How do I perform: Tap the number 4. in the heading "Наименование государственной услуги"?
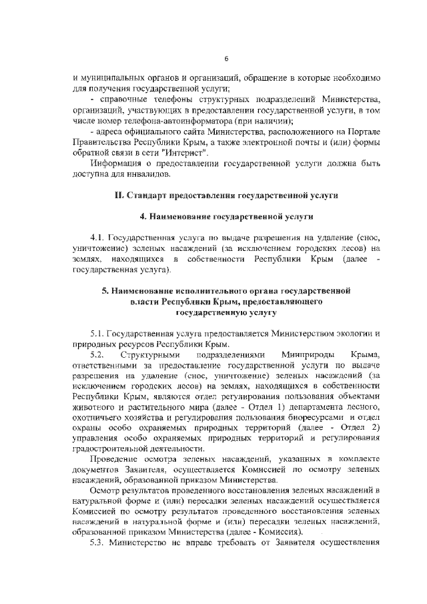point(143,217)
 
